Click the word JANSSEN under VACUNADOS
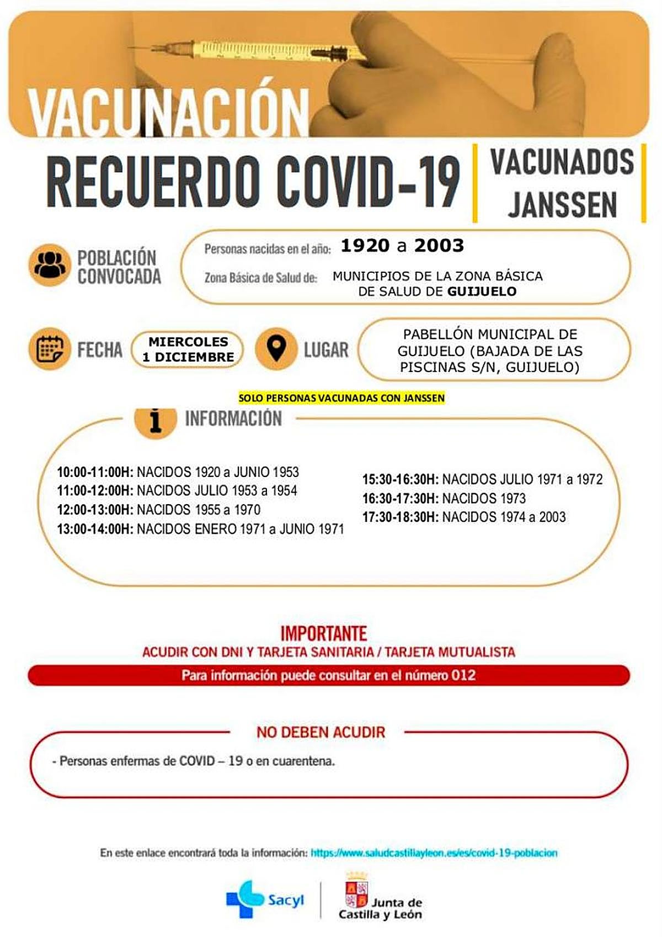pyautogui.click(x=562, y=205)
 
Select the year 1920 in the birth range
pyautogui.click(x=365, y=246)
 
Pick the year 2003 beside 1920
pyautogui.click(x=439, y=246)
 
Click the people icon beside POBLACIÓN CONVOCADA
pyautogui.click(x=50, y=265)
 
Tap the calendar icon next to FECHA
pyautogui.click(x=50, y=349)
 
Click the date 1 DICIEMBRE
pyautogui.click(x=188, y=357)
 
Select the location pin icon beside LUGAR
pyautogui.click(x=276, y=349)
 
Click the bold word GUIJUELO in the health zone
pyautogui.click(x=482, y=292)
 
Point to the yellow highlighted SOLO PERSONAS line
pyautogui.click(x=341, y=398)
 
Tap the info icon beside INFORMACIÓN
pyautogui.click(x=156, y=421)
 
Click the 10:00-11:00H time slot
pyautogui.click(x=95, y=472)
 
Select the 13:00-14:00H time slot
pyautogui.click(x=95, y=529)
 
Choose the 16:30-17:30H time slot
pyautogui.click(x=400, y=498)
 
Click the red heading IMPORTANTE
pyautogui.click(x=324, y=633)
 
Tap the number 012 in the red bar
pyautogui.click(x=463, y=675)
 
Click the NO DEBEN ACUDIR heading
pyautogui.click(x=321, y=732)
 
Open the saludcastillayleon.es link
pyautogui.click(x=434, y=853)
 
